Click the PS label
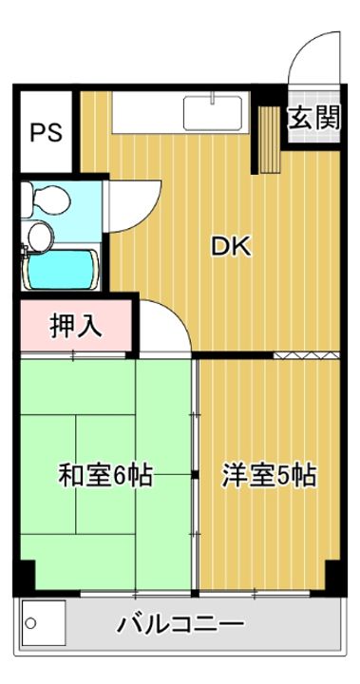pos(46,130)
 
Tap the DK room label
pos(229,248)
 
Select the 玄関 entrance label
pos(314,118)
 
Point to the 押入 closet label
pos(75,326)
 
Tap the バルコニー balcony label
pos(180,625)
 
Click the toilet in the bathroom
pos(47,200)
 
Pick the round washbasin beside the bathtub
pos(40,234)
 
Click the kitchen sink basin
pos(215,115)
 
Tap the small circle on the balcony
pos(29,623)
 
